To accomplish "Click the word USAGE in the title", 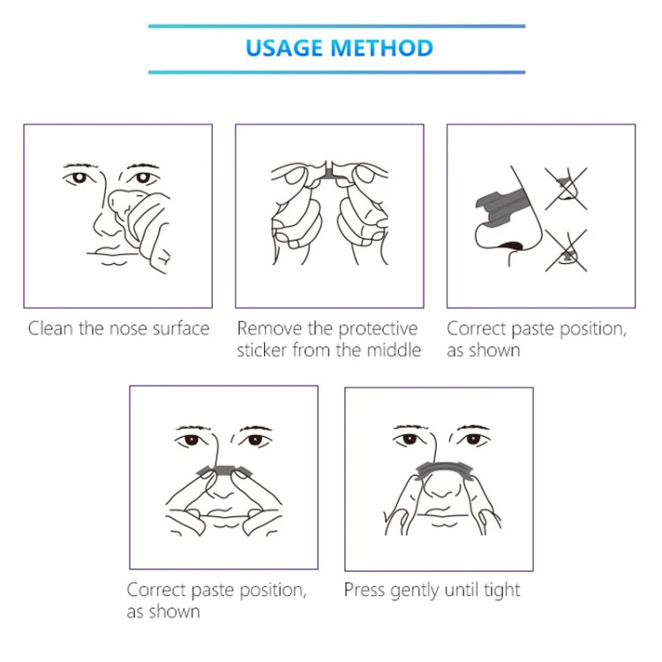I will click(284, 48).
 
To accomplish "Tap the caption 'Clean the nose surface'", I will click(118, 329).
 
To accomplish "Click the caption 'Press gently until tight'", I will click(432, 590).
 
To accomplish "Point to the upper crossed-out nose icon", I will click(565, 186).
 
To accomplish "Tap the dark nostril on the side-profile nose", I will click(510, 245).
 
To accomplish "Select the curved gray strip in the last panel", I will click(439, 466).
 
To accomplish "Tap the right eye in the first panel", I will click(139, 177).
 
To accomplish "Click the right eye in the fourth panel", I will click(252, 440).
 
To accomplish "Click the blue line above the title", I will click(336, 26).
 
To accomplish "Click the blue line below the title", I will click(336, 71).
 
